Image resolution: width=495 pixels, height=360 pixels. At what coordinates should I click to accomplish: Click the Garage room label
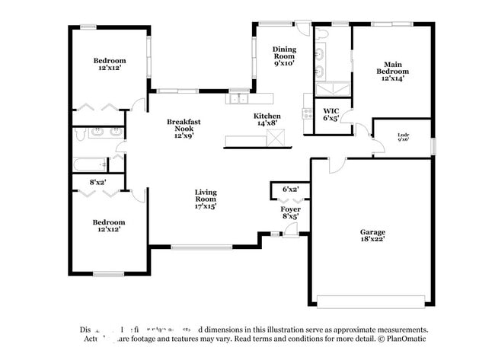tap(372, 235)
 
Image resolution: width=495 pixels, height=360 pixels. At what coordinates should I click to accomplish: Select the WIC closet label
tap(331, 115)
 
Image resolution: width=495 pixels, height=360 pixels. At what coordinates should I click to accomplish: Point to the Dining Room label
tap(284, 56)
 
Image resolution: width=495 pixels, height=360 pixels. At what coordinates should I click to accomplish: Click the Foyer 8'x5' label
tap(290, 212)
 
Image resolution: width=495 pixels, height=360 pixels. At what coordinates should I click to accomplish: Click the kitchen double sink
tap(239, 98)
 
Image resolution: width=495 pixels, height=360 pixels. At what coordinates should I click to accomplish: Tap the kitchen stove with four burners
tap(308, 113)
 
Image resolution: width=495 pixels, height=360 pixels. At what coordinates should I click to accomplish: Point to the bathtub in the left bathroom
tap(91, 164)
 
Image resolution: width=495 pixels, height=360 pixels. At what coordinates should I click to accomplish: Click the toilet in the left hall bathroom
tap(81, 135)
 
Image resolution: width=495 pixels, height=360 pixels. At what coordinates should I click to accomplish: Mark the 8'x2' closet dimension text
tap(97, 182)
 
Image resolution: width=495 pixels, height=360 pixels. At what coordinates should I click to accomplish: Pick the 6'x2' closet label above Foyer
tap(290, 189)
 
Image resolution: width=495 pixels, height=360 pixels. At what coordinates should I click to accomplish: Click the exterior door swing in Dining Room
tap(304, 29)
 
